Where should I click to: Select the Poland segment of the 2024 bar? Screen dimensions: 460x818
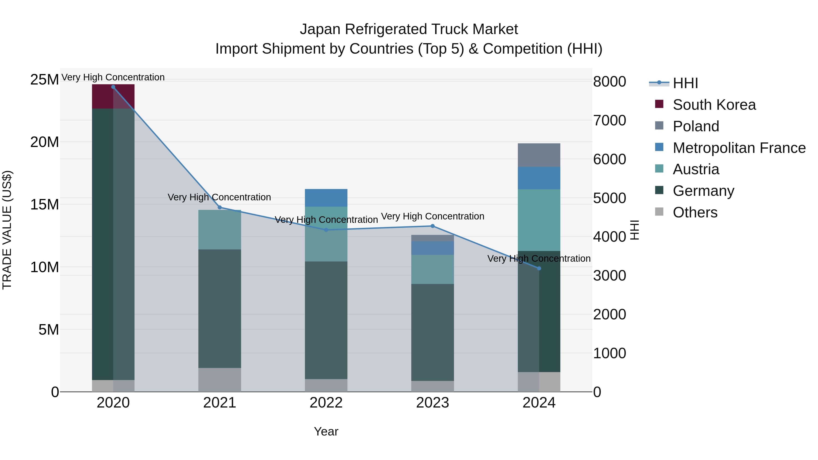click(x=539, y=155)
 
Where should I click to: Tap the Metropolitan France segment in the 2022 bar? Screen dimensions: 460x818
click(x=326, y=198)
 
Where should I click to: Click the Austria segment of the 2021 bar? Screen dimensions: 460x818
click(x=219, y=229)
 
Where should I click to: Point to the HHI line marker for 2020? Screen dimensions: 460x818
click(x=113, y=87)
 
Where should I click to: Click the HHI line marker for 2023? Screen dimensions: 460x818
click(x=432, y=226)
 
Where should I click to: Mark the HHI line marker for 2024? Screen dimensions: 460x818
click(x=539, y=269)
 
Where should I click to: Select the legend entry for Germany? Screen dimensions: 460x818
click(x=703, y=191)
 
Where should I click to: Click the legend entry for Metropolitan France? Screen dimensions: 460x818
click(x=739, y=148)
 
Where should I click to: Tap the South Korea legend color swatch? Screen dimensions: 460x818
click(x=659, y=104)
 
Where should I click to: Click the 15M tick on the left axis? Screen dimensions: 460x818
click(x=45, y=204)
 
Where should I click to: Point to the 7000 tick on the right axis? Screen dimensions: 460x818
click(x=609, y=121)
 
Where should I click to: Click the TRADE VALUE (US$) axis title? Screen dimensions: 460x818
click(x=7, y=230)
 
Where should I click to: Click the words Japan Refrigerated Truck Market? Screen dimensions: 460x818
click(x=409, y=29)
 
